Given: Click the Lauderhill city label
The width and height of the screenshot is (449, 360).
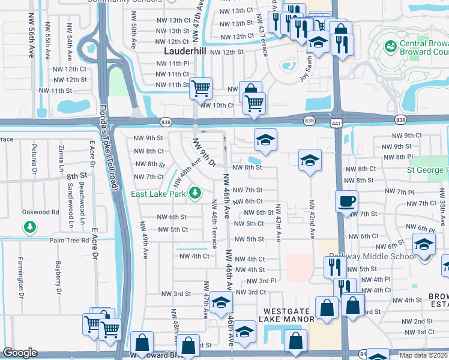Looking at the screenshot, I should point(185,52).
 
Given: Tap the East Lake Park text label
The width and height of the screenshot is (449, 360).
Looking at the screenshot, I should point(159,194).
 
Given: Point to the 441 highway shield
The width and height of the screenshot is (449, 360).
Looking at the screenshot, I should point(334,122).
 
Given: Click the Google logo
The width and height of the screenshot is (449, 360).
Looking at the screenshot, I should point(20,353).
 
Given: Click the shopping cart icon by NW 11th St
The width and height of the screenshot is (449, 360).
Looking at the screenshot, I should point(200,88).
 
